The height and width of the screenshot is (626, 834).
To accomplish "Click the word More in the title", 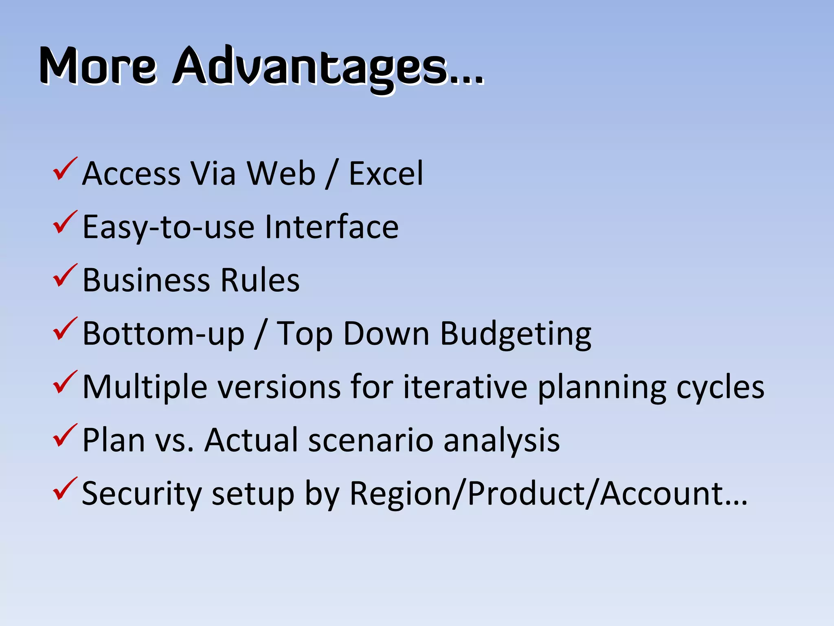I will pyautogui.click(x=98, y=66).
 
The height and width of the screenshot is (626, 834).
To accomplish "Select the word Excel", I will pyautogui.click(x=386, y=174).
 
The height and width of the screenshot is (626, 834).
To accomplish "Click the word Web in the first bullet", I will pyautogui.click(x=281, y=174).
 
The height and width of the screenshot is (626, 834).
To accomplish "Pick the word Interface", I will pyautogui.click(x=331, y=227).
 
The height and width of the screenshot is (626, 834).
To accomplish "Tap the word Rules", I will pyautogui.click(x=260, y=280).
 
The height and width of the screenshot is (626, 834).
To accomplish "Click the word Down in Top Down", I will pyautogui.click(x=386, y=334).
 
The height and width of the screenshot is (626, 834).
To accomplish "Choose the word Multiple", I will pyautogui.click(x=145, y=387).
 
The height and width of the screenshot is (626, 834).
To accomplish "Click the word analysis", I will pyautogui.click(x=501, y=441).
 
